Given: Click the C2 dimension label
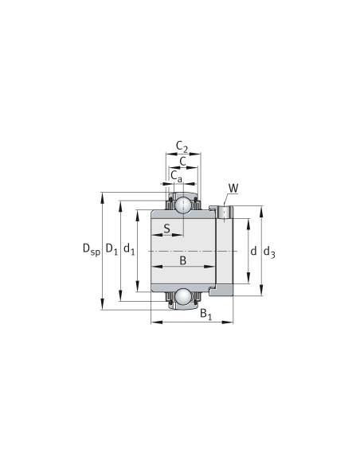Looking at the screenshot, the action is tap(182, 147).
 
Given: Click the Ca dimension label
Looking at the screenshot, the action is tap(177, 176).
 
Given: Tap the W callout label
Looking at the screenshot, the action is tap(233, 188).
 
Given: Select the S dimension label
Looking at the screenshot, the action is tap(167, 229).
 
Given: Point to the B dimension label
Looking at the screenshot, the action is tap(183, 260).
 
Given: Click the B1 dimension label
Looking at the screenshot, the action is tap(205, 314).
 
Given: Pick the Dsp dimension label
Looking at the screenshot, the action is tap(92, 249).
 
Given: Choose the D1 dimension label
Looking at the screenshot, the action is tap(112, 248).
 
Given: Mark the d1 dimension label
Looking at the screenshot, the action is tap(129, 248).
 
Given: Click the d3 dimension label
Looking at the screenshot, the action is tap(269, 252).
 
